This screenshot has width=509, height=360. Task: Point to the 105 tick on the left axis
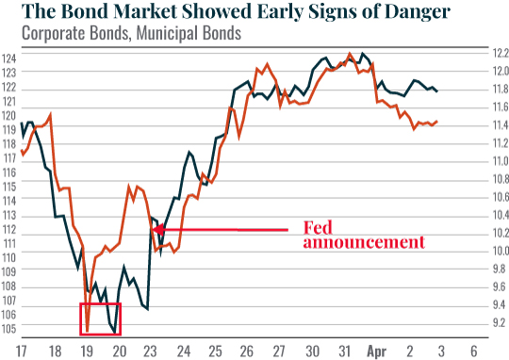point(10,331)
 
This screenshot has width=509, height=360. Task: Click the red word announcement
point(364,242)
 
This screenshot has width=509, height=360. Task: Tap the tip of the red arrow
point(163,230)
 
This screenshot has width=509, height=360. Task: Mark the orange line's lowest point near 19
point(88,331)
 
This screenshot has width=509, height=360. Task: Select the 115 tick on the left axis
point(10,186)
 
